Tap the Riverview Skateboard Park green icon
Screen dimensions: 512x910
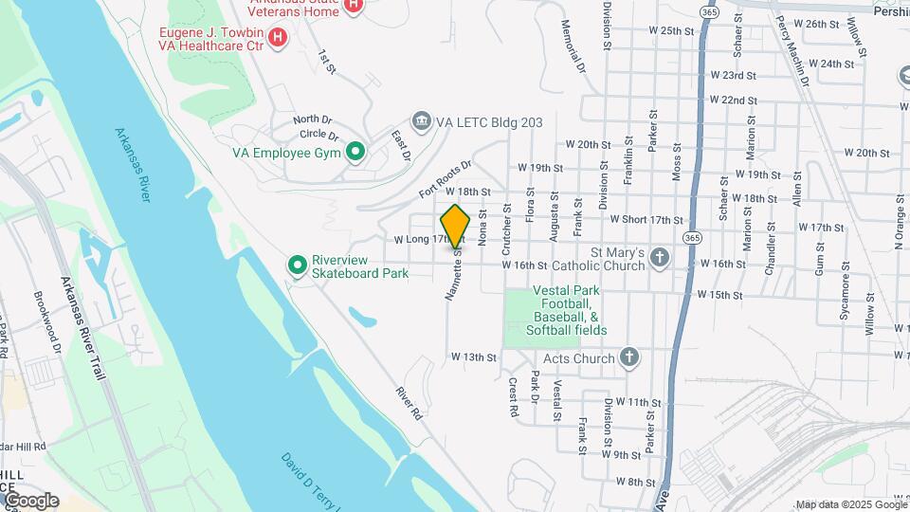click(297, 265)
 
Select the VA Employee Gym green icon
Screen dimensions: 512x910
click(355, 152)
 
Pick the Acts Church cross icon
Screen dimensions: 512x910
click(628, 357)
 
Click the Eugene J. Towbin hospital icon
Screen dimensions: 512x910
click(278, 37)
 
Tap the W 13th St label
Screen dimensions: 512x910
click(474, 357)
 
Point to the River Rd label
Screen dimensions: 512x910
click(409, 403)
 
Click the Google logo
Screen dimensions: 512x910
click(30, 501)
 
